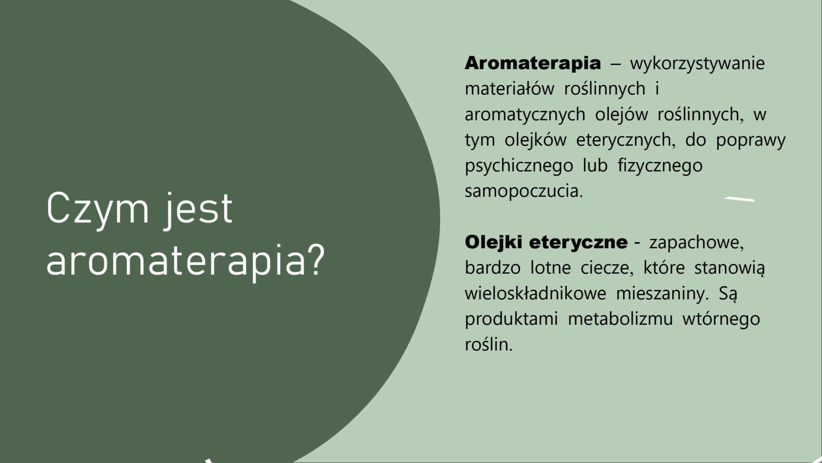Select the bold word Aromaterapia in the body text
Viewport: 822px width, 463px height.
coord(533,64)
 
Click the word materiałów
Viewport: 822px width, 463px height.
coord(509,89)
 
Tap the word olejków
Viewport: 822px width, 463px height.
coord(536,141)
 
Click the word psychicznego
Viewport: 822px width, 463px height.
coord(519,166)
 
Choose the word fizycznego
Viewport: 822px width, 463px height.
coord(660,166)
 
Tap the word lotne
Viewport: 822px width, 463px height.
coord(551,268)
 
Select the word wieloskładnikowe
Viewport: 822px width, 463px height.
coord(535,294)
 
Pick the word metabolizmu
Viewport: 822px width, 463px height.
coord(620,320)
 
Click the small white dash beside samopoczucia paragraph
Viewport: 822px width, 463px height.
coord(740,199)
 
